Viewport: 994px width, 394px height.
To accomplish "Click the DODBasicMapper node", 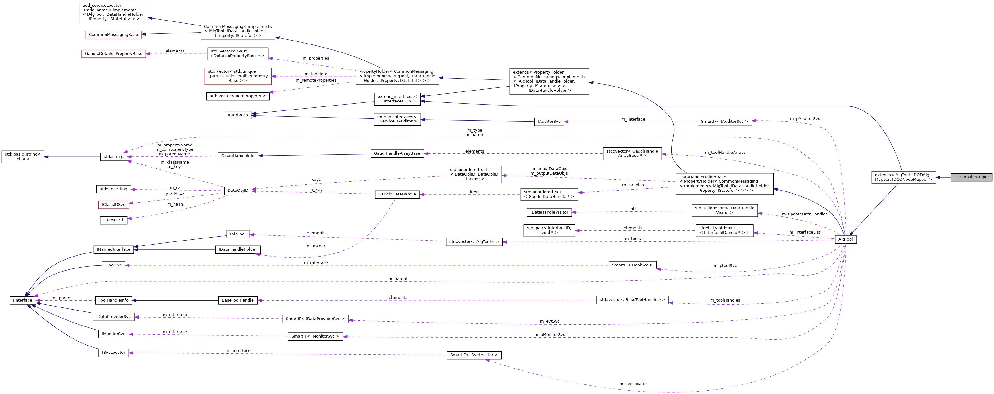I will [x=971, y=177].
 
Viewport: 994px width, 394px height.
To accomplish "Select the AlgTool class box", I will [x=845, y=239].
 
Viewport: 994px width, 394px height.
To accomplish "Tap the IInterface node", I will [x=23, y=300].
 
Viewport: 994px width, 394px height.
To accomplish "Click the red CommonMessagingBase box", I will [x=114, y=35].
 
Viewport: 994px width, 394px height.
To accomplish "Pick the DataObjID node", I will [x=238, y=191].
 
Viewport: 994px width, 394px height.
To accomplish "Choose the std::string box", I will [x=114, y=157].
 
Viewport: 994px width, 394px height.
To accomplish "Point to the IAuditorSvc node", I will [x=549, y=121].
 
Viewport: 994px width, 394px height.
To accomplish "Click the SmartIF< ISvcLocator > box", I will [x=474, y=355].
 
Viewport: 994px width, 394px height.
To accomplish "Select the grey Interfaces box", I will [x=238, y=115].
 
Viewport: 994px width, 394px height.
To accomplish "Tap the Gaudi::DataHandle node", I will [x=397, y=194].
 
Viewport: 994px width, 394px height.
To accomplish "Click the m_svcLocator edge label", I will [x=633, y=384].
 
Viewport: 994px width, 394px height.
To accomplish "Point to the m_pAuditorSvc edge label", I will [x=804, y=119].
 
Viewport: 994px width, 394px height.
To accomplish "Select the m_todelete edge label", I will [x=316, y=74].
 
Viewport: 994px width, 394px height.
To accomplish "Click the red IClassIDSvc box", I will [x=114, y=205].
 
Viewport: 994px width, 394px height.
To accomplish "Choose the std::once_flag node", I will [x=114, y=189].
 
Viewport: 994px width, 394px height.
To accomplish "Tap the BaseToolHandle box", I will [x=238, y=300].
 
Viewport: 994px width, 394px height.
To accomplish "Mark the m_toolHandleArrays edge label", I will [x=725, y=153].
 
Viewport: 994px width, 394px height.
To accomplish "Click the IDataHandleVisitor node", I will [x=549, y=212].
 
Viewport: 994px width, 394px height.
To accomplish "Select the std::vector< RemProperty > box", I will [x=238, y=96].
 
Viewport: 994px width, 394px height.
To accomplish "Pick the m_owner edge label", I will [x=316, y=246].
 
